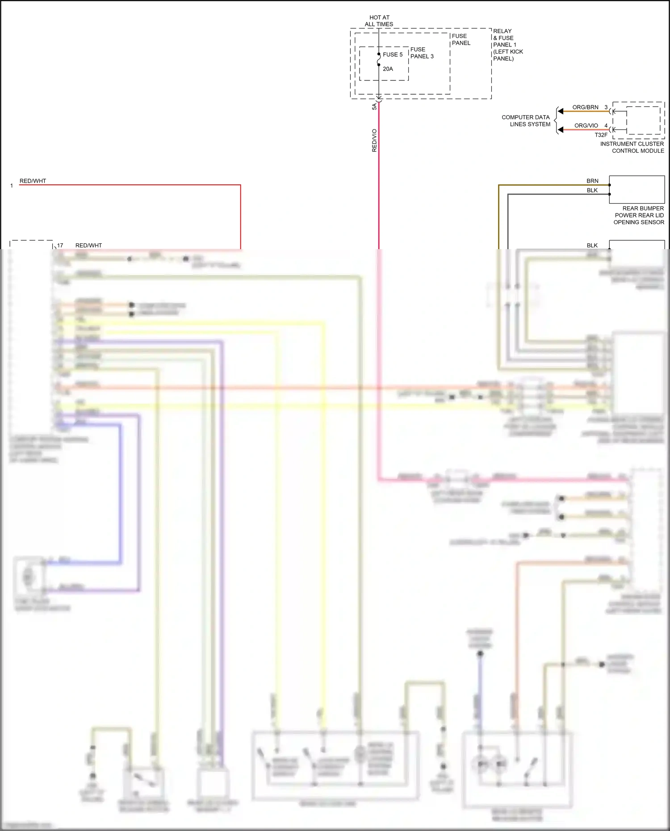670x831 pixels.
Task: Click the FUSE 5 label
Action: click(x=392, y=54)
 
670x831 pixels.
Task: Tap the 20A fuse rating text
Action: click(x=388, y=69)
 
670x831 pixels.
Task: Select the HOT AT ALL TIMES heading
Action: click(x=379, y=21)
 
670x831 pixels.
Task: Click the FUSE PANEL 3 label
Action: click(x=422, y=53)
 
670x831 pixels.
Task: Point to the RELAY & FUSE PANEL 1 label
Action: click(x=507, y=45)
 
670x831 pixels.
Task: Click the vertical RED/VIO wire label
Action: click(x=374, y=140)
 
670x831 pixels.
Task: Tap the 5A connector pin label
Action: click(x=374, y=107)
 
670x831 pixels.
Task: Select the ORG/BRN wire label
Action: click(x=585, y=107)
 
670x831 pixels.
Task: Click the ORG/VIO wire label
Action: click(x=586, y=125)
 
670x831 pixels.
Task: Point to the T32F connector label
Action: click(x=601, y=135)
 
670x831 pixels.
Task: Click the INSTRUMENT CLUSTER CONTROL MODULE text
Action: click(x=632, y=147)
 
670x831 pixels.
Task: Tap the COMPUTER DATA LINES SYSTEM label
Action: click(x=526, y=121)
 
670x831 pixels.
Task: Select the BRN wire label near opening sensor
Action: click(x=592, y=181)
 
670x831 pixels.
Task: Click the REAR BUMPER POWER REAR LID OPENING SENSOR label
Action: click(x=639, y=215)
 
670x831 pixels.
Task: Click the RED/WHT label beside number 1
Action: click(x=33, y=181)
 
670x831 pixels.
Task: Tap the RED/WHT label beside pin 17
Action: click(x=88, y=245)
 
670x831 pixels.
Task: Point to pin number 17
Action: click(x=60, y=245)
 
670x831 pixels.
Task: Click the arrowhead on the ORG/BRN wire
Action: click(x=561, y=111)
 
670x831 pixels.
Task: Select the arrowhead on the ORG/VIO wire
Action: click(x=561, y=129)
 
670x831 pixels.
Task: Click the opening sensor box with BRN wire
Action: click(x=636, y=189)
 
